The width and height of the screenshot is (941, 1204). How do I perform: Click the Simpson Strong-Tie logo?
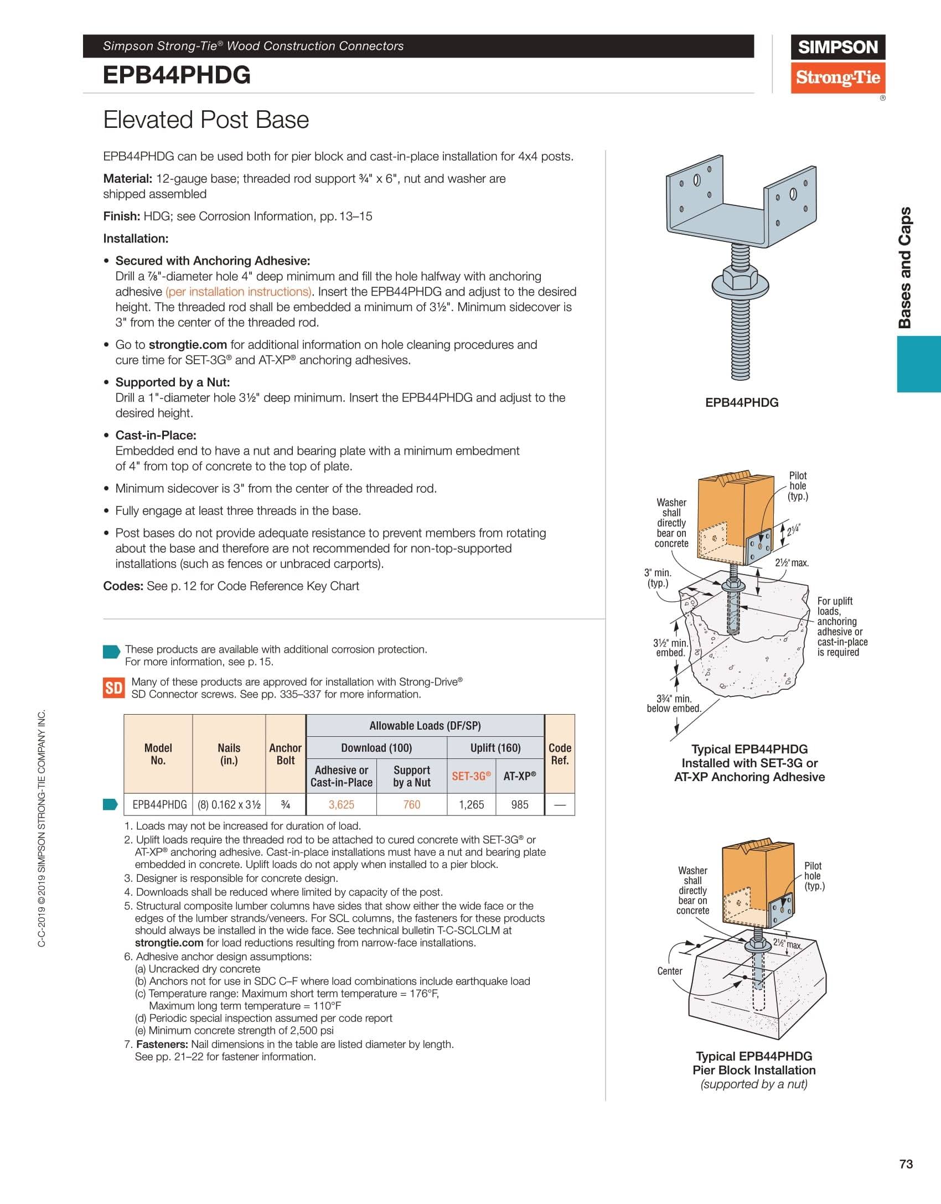pyautogui.click(x=837, y=63)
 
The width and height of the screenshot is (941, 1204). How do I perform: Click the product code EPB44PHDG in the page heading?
pyautogui.click(x=177, y=75)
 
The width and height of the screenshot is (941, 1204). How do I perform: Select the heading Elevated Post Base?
pyautogui.click(x=206, y=120)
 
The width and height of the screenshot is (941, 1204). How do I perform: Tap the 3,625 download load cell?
pyautogui.click(x=341, y=804)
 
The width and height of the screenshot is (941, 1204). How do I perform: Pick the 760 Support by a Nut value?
pyautogui.click(x=411, y=804)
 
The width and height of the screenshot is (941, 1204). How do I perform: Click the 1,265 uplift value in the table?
pyautogui.click(x=471, y=804)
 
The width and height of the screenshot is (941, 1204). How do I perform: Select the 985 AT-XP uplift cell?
pyautogui.click(x=520, y=804)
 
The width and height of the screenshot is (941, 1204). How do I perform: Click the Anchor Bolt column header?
pyautogui.click(x=285, y=754)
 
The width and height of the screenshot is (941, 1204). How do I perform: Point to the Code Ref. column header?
pyautogui.click(x=560, y=754)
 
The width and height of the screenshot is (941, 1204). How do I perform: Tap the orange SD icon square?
pyautogui.click(x=113, y=688)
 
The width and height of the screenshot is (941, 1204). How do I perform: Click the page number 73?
pyautogui.click(x=906, y=1164)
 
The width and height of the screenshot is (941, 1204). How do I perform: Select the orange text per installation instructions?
pyautogui.click(x=239, y=292)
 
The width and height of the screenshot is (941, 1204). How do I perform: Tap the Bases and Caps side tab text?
pyautogui.click(x=905, y=268)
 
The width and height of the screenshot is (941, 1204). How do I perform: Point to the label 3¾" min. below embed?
pyautogui.click(x=674, y=704)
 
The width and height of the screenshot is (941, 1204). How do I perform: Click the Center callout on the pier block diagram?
pyautogui.click(x=670, y=971)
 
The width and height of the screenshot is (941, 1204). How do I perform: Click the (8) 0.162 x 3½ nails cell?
pyautogui.click(x=229, y=804)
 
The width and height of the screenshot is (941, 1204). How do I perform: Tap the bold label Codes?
pyautogui.click(x=123, y=586)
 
